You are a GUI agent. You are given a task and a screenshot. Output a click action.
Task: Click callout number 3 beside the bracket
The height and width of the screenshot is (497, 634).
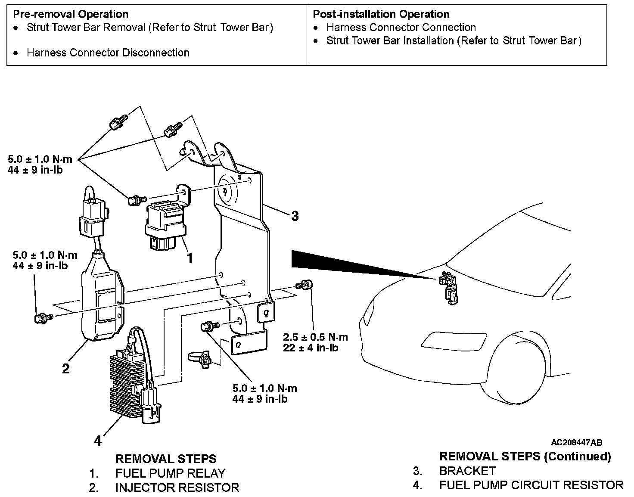(x=295, y=216)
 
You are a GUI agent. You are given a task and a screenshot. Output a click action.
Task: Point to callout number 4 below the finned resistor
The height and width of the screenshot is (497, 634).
(x=98, y=441)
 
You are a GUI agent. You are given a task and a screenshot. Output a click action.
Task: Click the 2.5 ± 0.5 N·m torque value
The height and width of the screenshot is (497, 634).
(x=315, y=337)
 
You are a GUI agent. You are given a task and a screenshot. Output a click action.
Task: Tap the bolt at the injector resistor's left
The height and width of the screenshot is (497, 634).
(x=43, y=318)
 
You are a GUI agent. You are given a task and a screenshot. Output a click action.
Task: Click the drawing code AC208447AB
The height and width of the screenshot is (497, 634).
(x=576, y=442)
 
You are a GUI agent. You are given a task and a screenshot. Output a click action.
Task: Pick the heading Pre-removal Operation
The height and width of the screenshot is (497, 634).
(x=71, y=14)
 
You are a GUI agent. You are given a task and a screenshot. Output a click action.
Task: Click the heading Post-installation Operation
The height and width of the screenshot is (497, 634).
(x=381, y=14)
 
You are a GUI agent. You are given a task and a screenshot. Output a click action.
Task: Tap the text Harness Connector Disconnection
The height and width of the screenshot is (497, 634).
(x=108, y=53)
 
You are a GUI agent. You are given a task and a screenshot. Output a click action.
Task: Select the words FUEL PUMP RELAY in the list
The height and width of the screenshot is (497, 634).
(x=170, y=473)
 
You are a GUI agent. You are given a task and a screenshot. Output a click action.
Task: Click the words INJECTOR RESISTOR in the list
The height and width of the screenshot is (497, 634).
(x=177, y=488)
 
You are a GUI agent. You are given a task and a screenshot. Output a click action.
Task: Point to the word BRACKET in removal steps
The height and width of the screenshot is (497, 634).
(x=467, y=471)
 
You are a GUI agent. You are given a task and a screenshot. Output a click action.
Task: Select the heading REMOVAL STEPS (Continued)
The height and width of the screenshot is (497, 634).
(x=525, y=456)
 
